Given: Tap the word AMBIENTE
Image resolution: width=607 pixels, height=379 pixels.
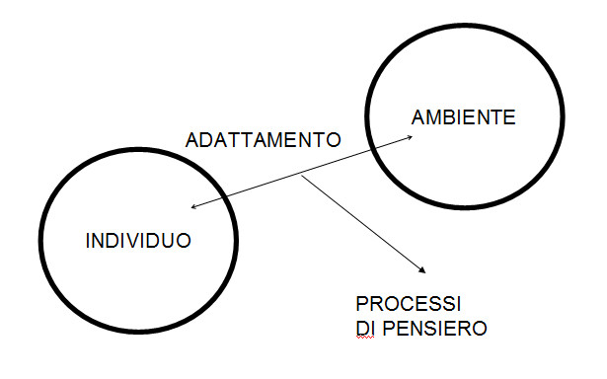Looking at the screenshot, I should click(x=462, y=118).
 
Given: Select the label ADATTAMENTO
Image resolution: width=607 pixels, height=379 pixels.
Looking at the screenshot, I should click(x=264, y=140).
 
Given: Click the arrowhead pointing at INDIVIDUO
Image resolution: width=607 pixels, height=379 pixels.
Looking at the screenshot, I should click(x=193, y=208).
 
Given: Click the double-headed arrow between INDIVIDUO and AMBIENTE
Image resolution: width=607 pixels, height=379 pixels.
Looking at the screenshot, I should click(x=257, y=189).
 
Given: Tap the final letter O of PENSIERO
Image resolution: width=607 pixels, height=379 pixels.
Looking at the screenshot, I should click(x=480, y=328).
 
